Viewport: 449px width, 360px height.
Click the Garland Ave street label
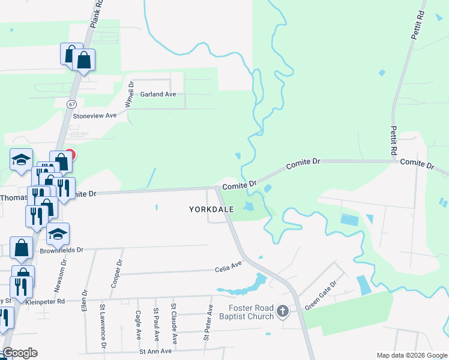[158, 94]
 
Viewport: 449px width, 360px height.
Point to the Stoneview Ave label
[94, 115]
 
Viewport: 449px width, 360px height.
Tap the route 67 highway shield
[71, 104]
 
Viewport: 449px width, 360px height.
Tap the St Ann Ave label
[155, 351]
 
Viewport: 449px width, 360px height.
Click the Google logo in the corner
[20, 353]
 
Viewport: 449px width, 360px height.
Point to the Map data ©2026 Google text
[412, 355]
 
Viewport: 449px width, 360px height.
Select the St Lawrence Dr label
[103, 326]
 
